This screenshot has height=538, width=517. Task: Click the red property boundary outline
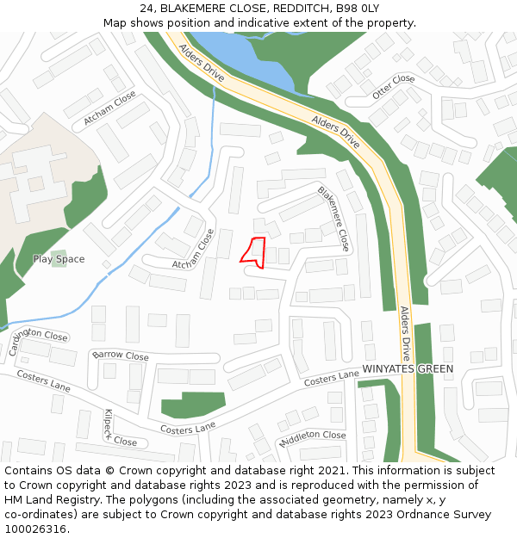click(x=252, y=250)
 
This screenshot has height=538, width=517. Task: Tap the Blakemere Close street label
click(x=333, y=219)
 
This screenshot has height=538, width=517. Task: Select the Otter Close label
click(x=394, y=85)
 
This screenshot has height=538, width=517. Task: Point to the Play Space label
click(x=59, y=259)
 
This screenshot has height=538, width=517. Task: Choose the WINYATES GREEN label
click(x=408, y=369)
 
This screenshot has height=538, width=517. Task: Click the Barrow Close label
click(x=121, y=356)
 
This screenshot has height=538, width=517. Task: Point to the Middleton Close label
click(x=312, y=438)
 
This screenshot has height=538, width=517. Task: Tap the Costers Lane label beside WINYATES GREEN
click(x=331, y=378)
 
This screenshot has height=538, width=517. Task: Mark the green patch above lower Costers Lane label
click(x=193, y=403)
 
